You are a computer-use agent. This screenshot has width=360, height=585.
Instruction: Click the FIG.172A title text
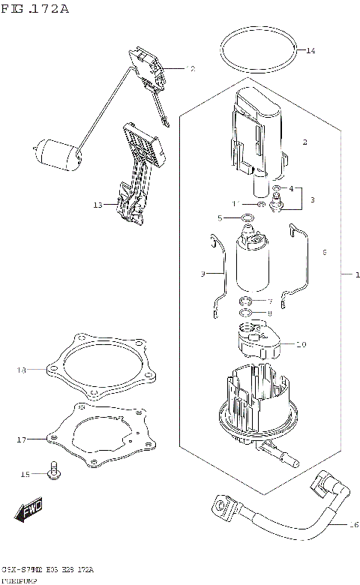[35, 9]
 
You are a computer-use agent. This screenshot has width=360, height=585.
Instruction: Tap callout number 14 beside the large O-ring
[310, 50]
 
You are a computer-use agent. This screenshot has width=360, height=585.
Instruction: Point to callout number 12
[190, 69]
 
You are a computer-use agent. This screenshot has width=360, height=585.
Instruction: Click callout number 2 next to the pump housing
[305, 142]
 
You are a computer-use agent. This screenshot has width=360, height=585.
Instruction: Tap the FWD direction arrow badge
[28, 513]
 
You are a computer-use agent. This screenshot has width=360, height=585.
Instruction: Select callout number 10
[301, 345]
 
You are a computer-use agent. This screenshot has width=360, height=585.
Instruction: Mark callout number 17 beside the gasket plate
[22, 439]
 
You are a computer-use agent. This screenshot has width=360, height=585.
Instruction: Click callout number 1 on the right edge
[347, 275]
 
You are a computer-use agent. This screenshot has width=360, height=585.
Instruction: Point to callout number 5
[220, 218]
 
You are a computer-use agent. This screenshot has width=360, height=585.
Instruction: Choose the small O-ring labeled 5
[247, 217]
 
